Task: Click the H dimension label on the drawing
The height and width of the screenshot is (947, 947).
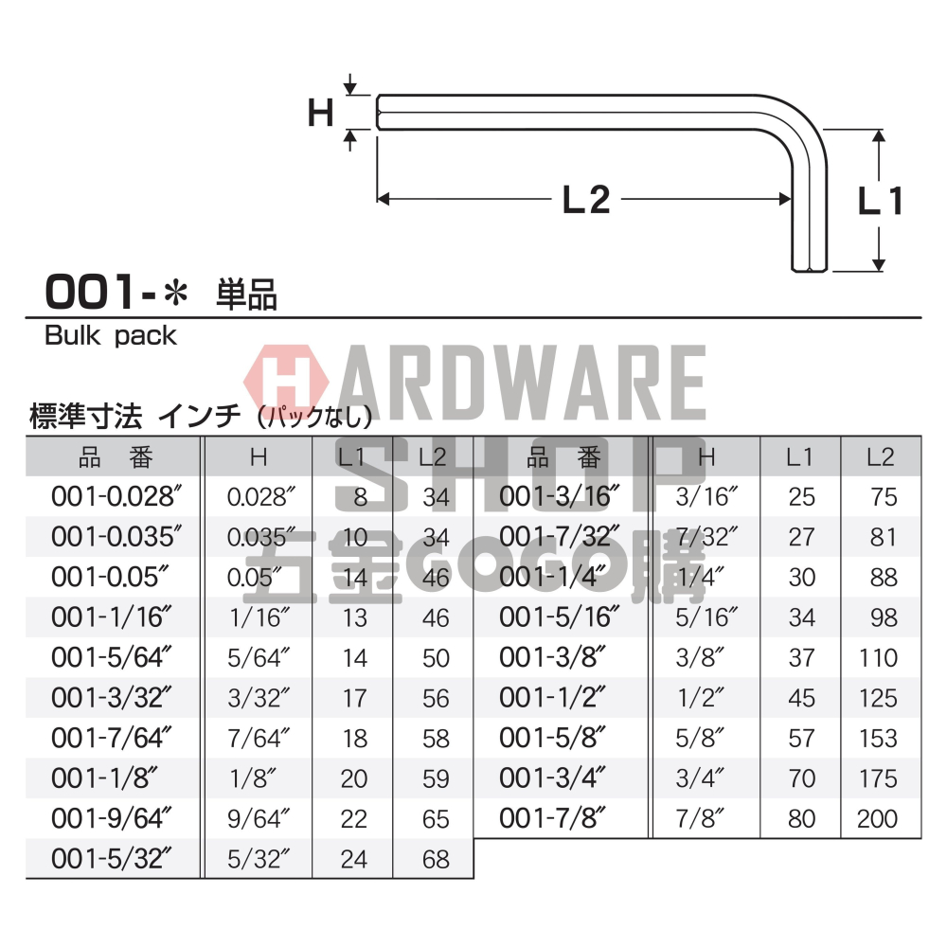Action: [x=321, y=114]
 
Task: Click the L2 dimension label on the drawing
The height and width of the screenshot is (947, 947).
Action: [x=586, y=200]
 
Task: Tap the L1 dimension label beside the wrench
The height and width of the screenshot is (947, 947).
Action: [x=880, y=201]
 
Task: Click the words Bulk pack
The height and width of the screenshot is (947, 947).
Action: [x=111, y=335]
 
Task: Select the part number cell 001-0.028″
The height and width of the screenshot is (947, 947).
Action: [x=116, y=497]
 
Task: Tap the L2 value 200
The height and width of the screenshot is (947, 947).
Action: [x=877, y=818]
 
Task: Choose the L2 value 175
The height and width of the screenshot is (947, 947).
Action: [x=877, y=778]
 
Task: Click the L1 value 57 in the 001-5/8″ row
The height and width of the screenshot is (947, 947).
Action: [x=801, y=739]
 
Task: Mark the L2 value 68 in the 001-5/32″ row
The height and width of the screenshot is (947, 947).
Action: [x=435, y=859]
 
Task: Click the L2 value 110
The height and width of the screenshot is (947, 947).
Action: [x=877, y=658]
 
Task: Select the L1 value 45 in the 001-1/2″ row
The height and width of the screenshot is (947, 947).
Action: [x=801, y=698]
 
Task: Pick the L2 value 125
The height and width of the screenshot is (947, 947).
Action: [x=877, y=698]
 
